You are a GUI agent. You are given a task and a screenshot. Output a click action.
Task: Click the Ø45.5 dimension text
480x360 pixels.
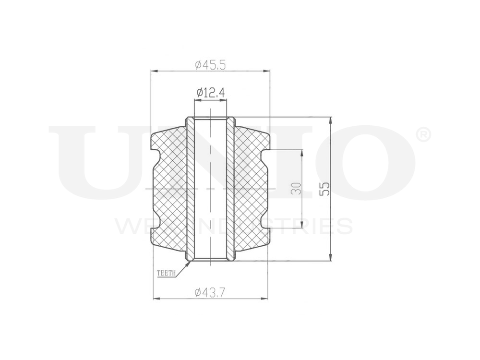point(210,65)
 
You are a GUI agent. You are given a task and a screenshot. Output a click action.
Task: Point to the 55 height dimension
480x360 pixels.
point(325,189)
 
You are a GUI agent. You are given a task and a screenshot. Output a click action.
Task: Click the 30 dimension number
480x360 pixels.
point(296,188)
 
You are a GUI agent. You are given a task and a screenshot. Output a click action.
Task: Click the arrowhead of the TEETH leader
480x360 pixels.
point(190,261)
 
